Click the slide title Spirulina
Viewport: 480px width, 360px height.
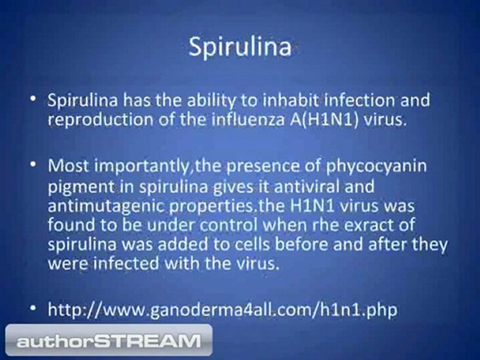tap(239, 47)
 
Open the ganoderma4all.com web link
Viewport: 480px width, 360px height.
tap(222, 309)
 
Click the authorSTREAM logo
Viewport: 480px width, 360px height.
tap(108, 340)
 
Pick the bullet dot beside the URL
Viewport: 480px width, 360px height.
tap(33, 307)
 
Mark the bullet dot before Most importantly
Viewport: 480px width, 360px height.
tap(33, 164)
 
